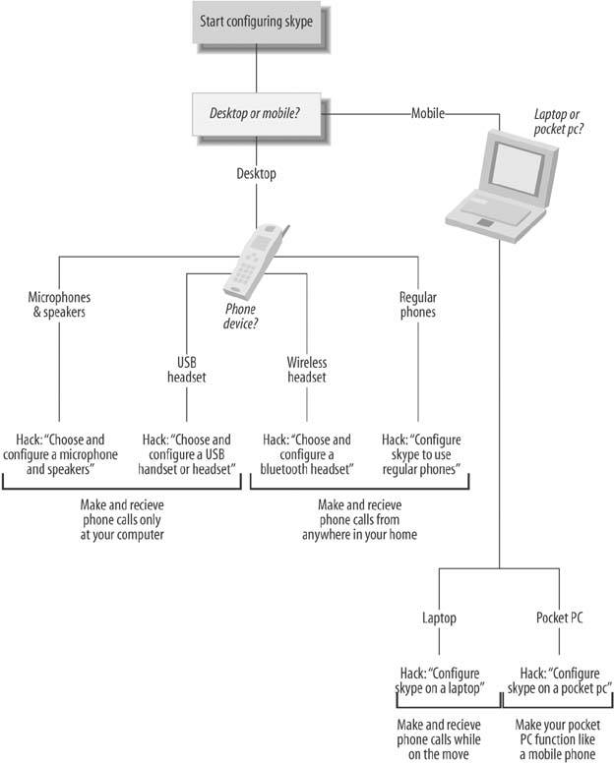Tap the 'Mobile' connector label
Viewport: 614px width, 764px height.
tap(427, 114)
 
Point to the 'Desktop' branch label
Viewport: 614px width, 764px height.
tap(256, 174)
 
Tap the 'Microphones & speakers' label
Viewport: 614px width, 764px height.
tap(58, 305)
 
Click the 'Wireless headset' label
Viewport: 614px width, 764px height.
tap(306, 369)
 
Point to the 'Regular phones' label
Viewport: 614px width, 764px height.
tap(418, 305)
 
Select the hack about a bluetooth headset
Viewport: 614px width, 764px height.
tap(307, 454)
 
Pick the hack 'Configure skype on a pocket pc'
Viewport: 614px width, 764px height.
tap(559, 680)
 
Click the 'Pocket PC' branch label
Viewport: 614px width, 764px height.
tap(560, 620)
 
